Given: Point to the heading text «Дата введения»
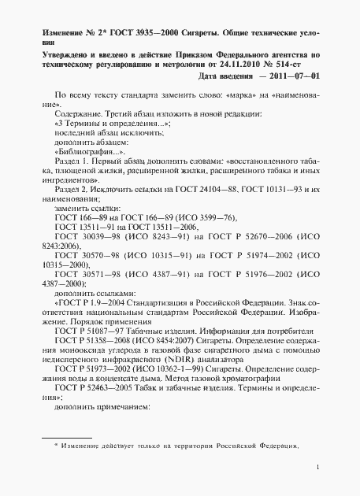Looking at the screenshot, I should tap(225, 76).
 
